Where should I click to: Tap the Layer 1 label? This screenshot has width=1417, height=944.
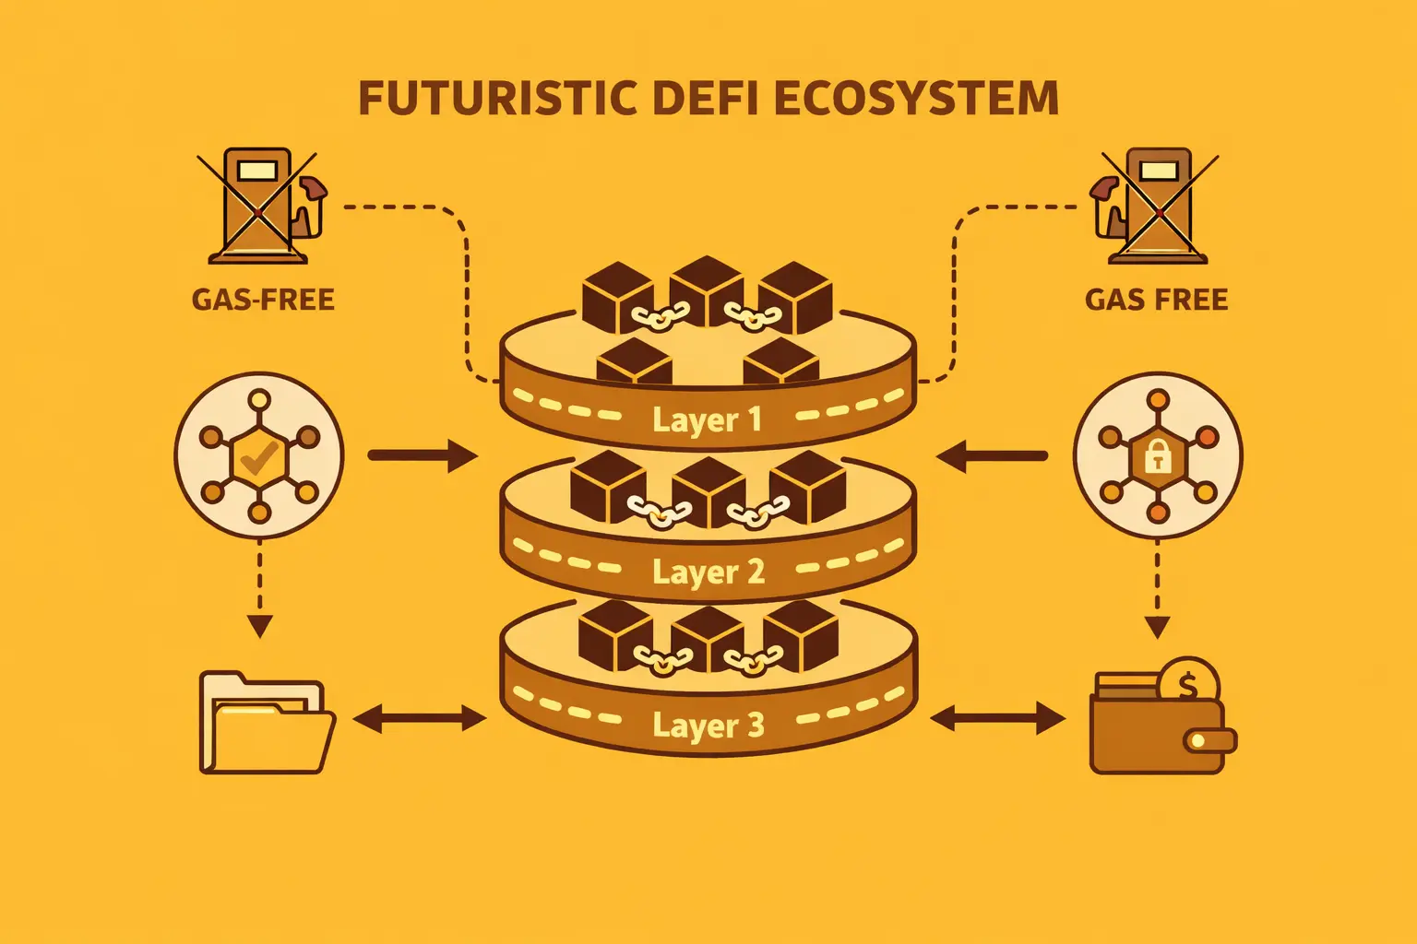coord(708,419)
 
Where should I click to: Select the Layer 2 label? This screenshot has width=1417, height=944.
coord(708,572)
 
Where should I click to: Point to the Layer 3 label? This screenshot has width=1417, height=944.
coord(708,725)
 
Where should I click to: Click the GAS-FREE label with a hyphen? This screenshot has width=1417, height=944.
coord(263,300)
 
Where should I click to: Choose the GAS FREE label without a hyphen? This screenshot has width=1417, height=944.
coord(1156,300)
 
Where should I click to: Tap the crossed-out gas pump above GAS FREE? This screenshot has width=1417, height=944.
coord(1155,205)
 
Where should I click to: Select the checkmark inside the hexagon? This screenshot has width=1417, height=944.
coord(259,455)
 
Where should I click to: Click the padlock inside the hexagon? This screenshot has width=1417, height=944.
coord(1157,455)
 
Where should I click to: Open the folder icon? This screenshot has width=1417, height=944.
coord(266,724)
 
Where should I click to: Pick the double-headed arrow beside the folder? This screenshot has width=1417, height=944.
coord(419,719)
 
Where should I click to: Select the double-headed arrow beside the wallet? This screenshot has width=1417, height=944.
coord(997,718)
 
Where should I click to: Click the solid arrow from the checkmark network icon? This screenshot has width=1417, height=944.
coord(422,455)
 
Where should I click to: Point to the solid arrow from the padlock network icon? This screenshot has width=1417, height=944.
coord(993,455)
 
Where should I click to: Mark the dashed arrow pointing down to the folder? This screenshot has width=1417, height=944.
coord(260,590)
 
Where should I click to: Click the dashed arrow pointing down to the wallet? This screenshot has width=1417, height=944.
coord(1157,590)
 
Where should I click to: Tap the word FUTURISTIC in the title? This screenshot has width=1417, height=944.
coord(497,99)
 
